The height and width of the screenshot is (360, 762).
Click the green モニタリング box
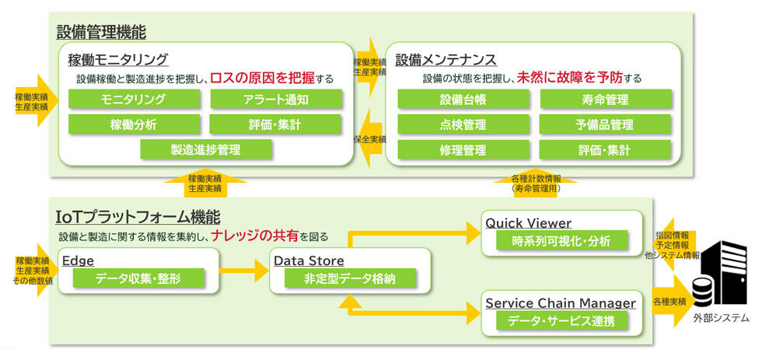[133, 100]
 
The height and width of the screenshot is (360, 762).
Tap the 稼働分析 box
[133, 124]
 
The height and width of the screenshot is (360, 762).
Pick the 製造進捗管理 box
[206, 149]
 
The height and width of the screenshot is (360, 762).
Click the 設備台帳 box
[463, 100]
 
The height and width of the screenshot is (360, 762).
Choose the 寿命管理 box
[604, 100]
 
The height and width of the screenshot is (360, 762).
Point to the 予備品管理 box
[604, 124]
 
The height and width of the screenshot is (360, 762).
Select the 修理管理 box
[463, 149]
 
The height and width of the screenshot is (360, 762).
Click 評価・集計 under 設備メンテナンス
[604, 149]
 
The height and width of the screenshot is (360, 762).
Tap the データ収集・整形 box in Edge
[138, 278]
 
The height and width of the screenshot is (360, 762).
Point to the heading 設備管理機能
[101, 32]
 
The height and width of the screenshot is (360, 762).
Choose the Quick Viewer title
[528, 223]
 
